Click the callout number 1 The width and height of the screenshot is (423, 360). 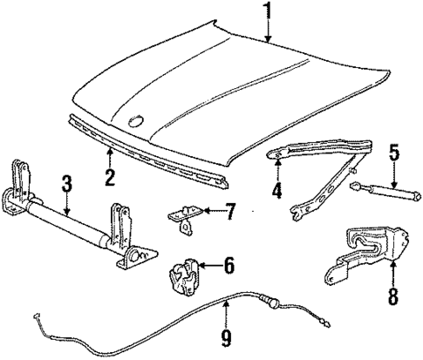(269, 11)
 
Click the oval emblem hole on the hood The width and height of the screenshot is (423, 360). (137, 121)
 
